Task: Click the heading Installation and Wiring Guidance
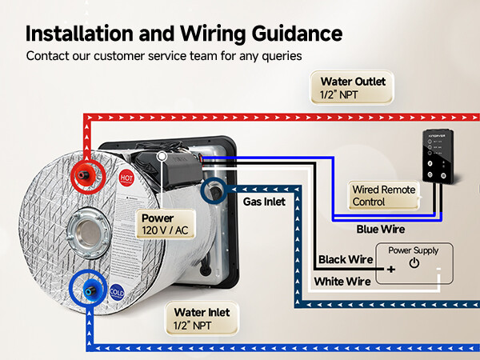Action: click(184, 33)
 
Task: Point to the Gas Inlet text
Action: click(264, 202)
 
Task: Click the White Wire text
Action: click(342, 281)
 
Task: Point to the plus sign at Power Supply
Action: click(391, 270)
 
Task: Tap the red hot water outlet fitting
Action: click(84, 174)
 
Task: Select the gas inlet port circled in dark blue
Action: click(214, 190)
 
